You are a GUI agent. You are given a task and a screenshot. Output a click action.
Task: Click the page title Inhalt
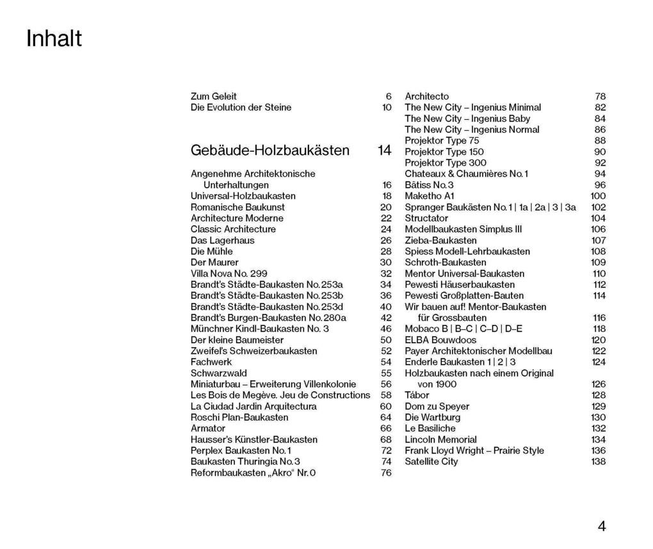click(54, 40)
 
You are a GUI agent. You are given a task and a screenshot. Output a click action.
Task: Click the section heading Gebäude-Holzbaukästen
click(270, 151)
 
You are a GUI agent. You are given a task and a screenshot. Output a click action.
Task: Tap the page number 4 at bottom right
click(601, 527)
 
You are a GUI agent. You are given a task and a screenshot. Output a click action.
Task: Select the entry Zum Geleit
click(213, 96)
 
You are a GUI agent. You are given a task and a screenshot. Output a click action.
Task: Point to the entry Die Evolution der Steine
click(241, 107)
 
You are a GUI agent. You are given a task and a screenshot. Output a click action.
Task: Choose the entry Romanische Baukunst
click(238, 207)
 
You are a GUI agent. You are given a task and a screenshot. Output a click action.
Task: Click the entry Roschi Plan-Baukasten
click(239, 417)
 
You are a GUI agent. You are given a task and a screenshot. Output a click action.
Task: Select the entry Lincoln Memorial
click(440, 439)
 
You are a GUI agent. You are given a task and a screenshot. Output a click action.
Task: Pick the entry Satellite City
click(431, 461)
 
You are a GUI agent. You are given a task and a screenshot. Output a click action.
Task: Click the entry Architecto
click(426, 96)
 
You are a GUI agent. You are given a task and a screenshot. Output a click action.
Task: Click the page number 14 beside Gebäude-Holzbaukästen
click(384, 151)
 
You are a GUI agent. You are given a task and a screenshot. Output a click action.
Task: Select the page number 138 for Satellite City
click(598, 461)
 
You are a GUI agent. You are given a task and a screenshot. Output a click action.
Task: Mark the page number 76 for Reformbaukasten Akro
click(386, 473)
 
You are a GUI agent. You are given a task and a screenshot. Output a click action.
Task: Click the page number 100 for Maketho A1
click(598, 196)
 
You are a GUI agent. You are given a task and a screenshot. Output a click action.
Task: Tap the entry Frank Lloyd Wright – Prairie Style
click(474, 450)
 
